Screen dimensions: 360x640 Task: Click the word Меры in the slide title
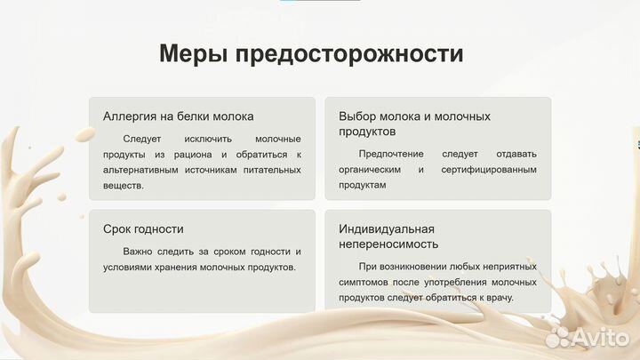coord(193,53)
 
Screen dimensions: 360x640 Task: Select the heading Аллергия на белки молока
coord(178,116)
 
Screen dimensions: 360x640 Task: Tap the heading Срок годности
coord(143,229)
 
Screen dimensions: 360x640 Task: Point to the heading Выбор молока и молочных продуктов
coord(414,124)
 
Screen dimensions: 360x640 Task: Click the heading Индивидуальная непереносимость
coord(388,236)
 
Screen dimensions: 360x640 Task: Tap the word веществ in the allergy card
coord(123,186)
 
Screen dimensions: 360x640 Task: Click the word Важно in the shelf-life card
coord(139,252)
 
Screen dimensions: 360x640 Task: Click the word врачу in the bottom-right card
coord(520,298)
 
